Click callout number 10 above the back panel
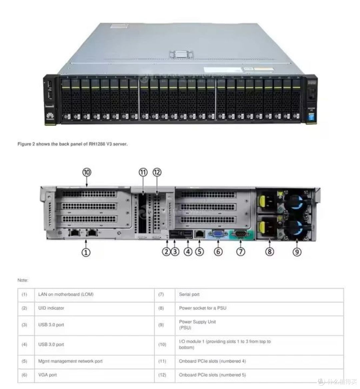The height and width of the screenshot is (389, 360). (87, 172)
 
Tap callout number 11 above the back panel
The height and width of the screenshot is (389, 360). (143, 172)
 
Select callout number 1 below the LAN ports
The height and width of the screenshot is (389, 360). (86, 252)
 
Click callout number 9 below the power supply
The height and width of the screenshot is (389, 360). (297, 252)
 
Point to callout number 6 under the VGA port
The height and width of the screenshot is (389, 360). (218, 252)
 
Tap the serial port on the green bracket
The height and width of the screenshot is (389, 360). (241, 234)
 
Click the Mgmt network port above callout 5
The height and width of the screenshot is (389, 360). (199, 234)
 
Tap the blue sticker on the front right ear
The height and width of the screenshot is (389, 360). (311, 118)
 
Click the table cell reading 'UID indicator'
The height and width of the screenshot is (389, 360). (51, 308)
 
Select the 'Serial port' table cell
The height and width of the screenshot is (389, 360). (189, 295)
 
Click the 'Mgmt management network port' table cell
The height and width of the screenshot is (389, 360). (70, 361)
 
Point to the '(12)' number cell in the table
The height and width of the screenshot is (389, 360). (162, 375)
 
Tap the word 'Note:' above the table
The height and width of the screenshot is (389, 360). (23, 280)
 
